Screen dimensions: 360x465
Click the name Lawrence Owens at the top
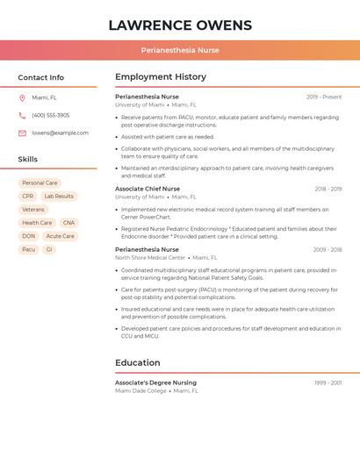pos(180,25)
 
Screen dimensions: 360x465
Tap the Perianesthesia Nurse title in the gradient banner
pos(180,50)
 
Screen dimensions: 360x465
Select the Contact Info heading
pos(40,77)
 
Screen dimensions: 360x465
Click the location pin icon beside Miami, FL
pos(22,97)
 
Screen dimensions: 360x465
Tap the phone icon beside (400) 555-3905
pos(22,115)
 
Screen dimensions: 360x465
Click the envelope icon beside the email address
pos(22,133)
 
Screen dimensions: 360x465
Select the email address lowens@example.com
pos(60,133)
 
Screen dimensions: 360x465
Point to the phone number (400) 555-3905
pos(51,115)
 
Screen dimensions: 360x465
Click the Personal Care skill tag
pos(40,183)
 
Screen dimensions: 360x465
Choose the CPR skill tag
pos(28,197)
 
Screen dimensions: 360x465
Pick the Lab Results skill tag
pos(59,197)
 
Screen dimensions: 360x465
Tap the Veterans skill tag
pos(33,210)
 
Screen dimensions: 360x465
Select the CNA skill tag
pos(68,223)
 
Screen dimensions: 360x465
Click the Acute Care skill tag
pos(61,236)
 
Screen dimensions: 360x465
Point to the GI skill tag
pos(49,249)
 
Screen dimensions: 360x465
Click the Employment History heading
pos(161,77)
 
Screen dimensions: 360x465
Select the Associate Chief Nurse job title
pos(148,189)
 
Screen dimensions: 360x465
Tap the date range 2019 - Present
pos(324,97)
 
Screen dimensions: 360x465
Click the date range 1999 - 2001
pos(328,383)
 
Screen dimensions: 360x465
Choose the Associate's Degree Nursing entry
pos(155,383)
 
